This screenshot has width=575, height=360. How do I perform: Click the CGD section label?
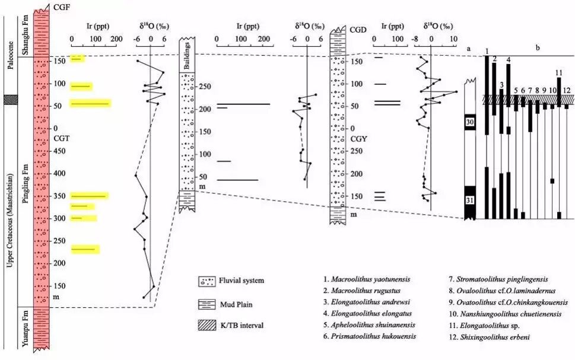point(358,30)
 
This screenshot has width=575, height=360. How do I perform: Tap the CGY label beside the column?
point(358,139)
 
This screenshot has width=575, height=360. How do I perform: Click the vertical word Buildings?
point(187,56)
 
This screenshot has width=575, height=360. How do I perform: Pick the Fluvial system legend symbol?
point(207,281)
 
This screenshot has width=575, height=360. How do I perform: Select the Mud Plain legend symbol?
point(207,304)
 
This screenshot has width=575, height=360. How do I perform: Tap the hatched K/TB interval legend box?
point(207,325)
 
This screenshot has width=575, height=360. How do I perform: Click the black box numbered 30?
point(470,122)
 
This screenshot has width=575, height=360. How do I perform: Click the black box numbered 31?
point(470,200)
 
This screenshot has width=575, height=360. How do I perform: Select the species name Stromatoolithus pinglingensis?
point(502,279)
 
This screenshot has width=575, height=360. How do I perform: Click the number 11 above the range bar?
point(559,72)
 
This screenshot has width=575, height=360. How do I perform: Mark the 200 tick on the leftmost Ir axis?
point(117,39)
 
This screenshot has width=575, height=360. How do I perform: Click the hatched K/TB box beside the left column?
point(11,100)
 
